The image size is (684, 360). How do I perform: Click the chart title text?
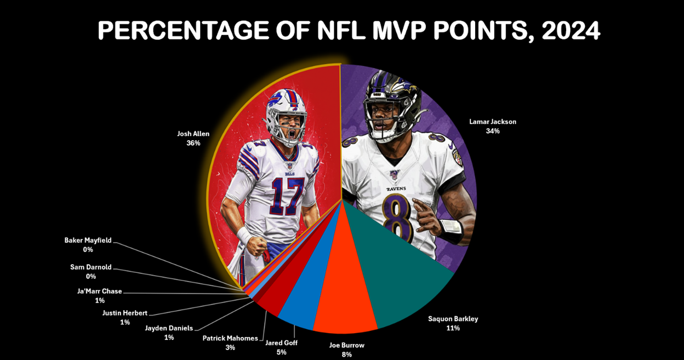coord(349,32)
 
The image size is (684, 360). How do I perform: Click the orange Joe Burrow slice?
coord(345,307)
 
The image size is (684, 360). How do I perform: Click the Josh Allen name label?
coord(193,133)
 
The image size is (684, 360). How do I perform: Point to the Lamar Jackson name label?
coord(492,122)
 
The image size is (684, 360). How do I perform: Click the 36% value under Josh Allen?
coord(193,143)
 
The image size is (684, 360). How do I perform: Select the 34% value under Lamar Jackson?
coord(492,132)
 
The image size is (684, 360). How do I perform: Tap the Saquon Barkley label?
coord(453,318)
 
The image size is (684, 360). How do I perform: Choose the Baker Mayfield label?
coord(88,240)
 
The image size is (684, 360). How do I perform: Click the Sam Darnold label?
coord(90,267)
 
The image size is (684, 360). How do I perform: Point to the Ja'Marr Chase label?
coord(99,291)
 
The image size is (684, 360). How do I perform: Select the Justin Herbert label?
coord(125,313)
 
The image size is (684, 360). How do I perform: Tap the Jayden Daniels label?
coord(169,328)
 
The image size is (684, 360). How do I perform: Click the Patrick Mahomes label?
coord(230,338)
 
